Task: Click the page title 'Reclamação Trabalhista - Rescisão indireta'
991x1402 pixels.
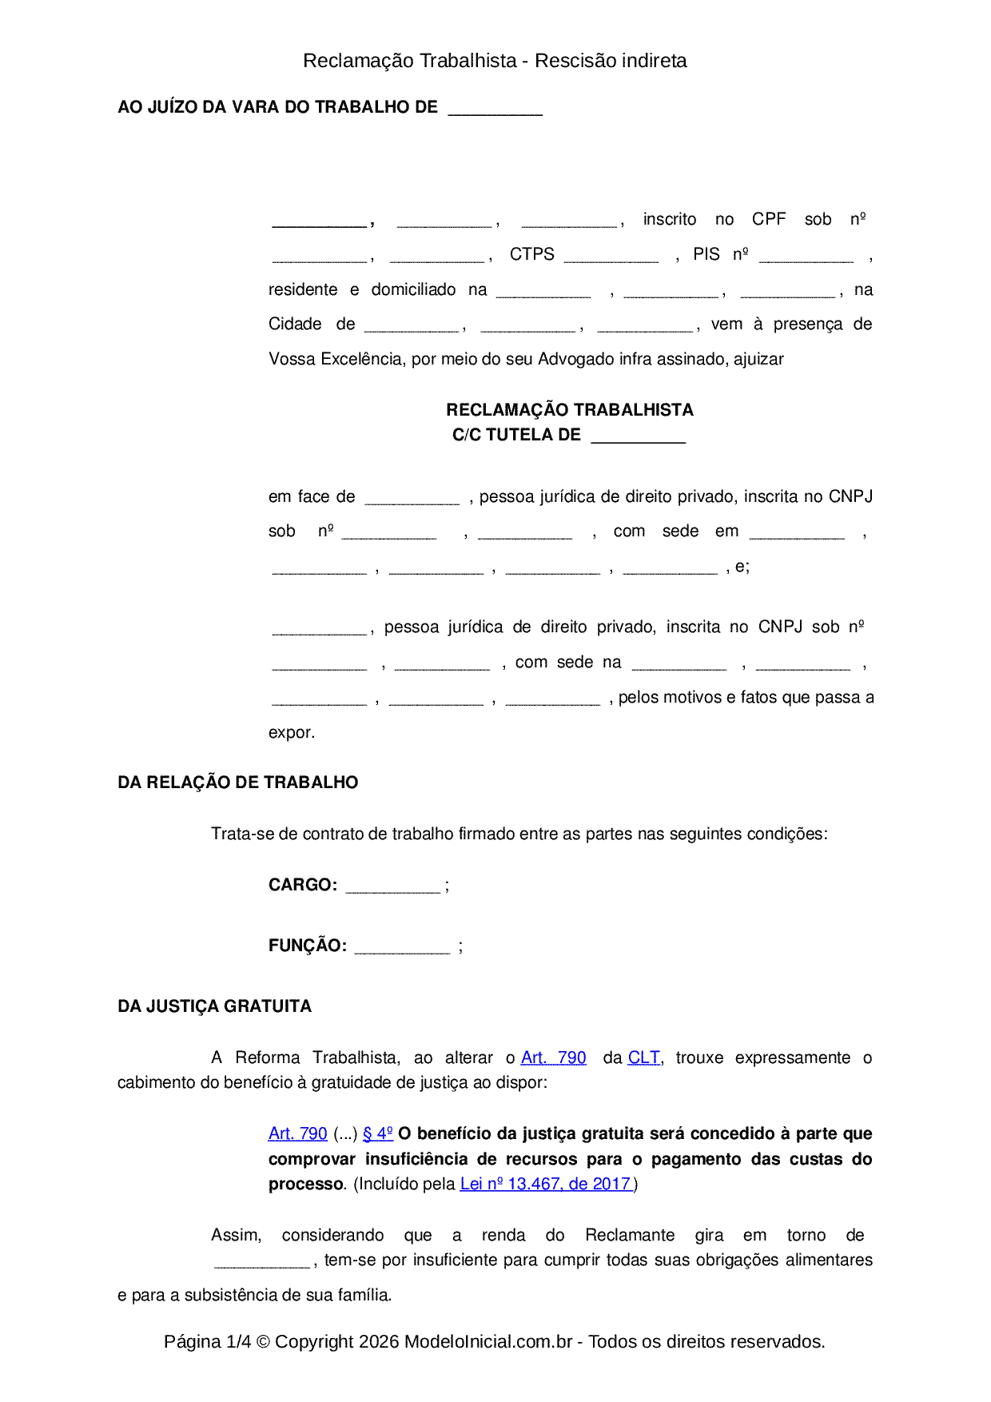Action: coord(495,61)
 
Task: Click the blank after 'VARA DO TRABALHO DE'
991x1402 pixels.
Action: coord(495,109)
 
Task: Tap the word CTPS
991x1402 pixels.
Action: coord(531,254)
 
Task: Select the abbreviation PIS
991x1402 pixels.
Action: coord(706,254)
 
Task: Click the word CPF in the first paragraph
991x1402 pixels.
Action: coord(769,219)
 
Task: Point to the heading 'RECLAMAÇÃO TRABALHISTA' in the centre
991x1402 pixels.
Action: coord(569,410)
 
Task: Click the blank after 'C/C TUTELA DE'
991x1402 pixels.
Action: coord(638,436)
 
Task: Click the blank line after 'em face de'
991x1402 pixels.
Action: coord(412,498)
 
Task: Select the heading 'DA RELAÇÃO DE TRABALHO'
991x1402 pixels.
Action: coord(237,783)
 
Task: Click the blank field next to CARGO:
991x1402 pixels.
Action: coord(392,886)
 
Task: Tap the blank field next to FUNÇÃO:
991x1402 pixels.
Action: coord(402,947)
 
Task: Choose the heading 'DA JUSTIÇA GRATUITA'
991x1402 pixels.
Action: coord(214,1006)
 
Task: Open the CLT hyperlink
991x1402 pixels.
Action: coord(643,1057)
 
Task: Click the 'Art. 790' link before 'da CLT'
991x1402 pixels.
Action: coord(553,1057)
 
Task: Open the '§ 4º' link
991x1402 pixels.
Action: coord(377,1133)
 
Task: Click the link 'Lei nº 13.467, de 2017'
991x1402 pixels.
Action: coord(546,1184)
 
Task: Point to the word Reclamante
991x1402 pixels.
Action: coord(629,1235)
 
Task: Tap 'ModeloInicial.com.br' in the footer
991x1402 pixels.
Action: coord(488,1341)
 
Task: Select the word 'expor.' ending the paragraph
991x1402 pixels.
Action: coord(292,732)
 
